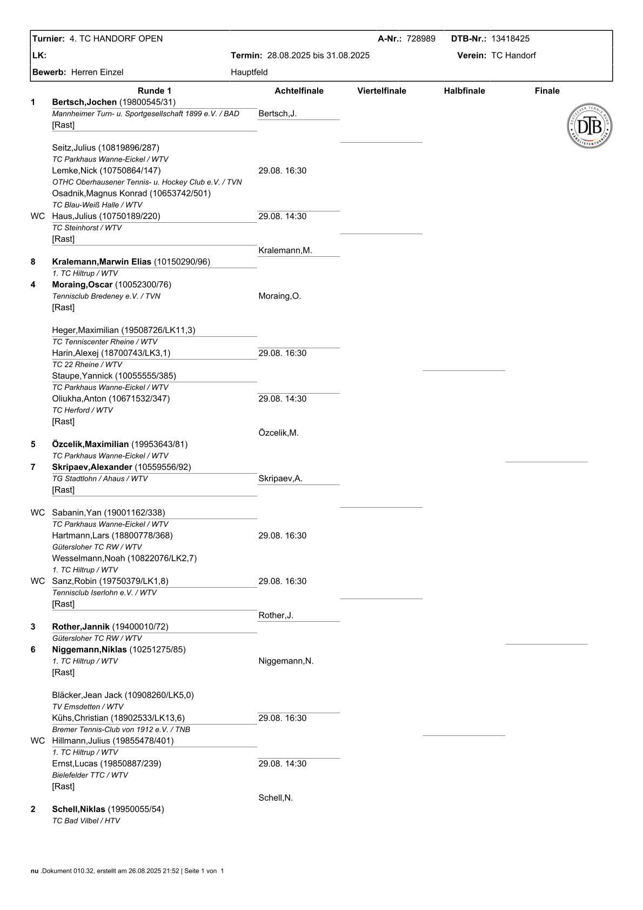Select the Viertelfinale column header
pyautogui.click(x=381, y=91)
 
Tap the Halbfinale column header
pyautogui.click(x=464, y=91)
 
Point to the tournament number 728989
pyautogui.click(x=420, y=38)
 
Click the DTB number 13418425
pyautogui.click(x=510, y=38)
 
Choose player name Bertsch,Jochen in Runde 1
pyautogui.click(x=84, y=102)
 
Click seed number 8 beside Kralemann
pyautogui.click(x=33, y=262)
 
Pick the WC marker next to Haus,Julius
pyautogui.click(x=38, y=216)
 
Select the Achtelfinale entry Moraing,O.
pyautogui.click(x=279, y=296)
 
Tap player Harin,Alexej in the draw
pyautogui.click(x=76, y=353)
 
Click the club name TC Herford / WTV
pyautogui.click(x=82, y=410)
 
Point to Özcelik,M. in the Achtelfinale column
pyautogui.click(x=278, y=433)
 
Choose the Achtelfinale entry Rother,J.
pyautogui.click(x=276, y=615)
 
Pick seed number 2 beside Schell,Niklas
pyautogui.click(x=33, y=809)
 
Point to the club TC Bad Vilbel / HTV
pyautogui.click(x=86, y=821)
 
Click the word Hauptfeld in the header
pyautogui.click(x=249, y=72)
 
